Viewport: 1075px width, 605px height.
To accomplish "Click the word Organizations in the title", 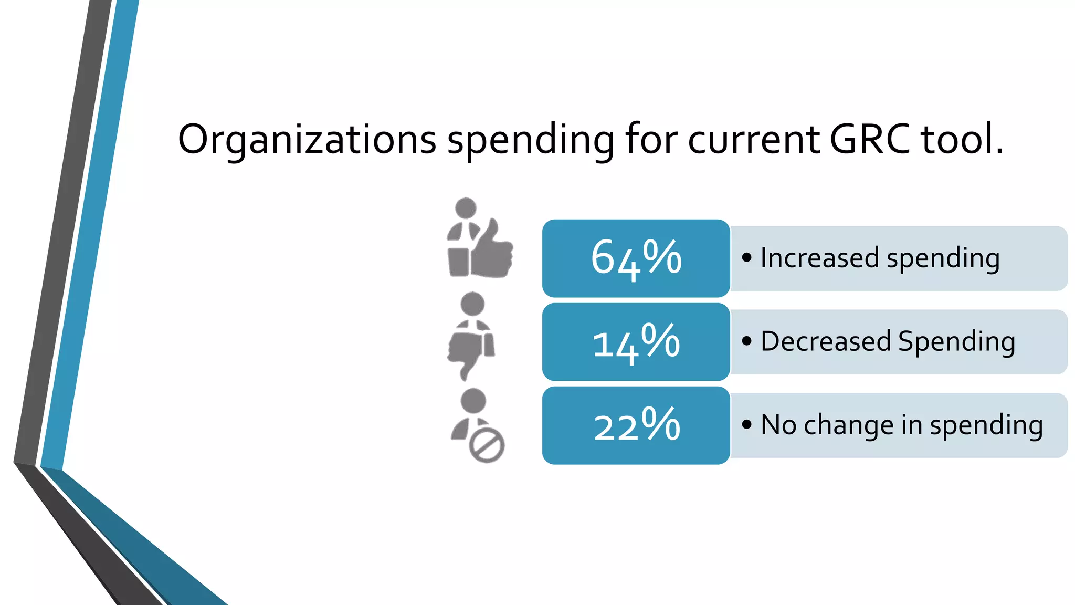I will [x=307, y=140].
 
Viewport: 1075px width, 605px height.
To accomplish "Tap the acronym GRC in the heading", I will [x=870, y=140].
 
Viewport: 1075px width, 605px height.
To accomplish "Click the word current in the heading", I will [x=754, y=140].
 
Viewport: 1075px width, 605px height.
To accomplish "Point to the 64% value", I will [x=636, y=258].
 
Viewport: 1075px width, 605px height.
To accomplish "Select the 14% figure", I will [x=636, y=342].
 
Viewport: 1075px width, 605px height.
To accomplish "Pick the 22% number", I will [x=636, y=425].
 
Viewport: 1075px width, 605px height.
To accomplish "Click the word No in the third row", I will [x=778, y=425].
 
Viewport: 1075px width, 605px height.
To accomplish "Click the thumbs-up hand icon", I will [x=492, y=251].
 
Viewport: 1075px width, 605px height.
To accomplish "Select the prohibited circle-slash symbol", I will [x=487, y=446].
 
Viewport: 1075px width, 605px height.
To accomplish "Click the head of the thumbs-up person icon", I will [x=466, y=208].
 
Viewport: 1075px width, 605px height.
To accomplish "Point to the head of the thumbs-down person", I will [x=472, y=304].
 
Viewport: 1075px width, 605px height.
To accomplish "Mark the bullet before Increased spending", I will [x=746, y=258].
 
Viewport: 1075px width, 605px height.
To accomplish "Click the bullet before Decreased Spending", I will [x=746, y=341].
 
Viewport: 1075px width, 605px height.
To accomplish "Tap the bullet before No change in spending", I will [x=746, y=425].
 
